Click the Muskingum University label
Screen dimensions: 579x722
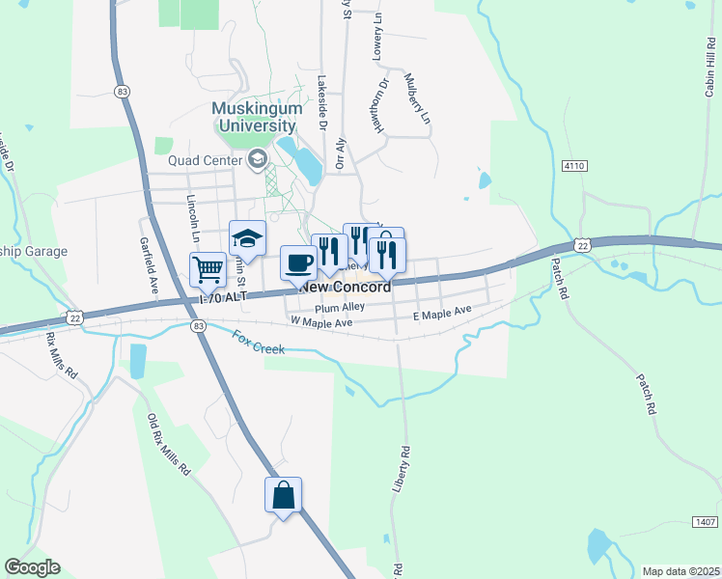(x=255, y=117)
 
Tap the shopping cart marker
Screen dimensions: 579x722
(x=208, y=270)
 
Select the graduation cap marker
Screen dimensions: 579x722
(x=247, y=238)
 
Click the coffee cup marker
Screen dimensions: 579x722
(x=298, y=262)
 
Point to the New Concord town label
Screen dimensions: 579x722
(x=346, y=288)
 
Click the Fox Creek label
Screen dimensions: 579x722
(x=258, y=342)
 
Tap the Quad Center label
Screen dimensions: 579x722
(x=206, y=160)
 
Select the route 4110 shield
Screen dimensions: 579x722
(x=575, y=167)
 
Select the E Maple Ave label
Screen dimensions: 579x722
(x=441, y=312)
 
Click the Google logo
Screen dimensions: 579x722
(x=31, y=567)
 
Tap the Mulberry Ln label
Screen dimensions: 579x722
(x=416, y=99)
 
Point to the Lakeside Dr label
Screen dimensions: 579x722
(x=322, y=104)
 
